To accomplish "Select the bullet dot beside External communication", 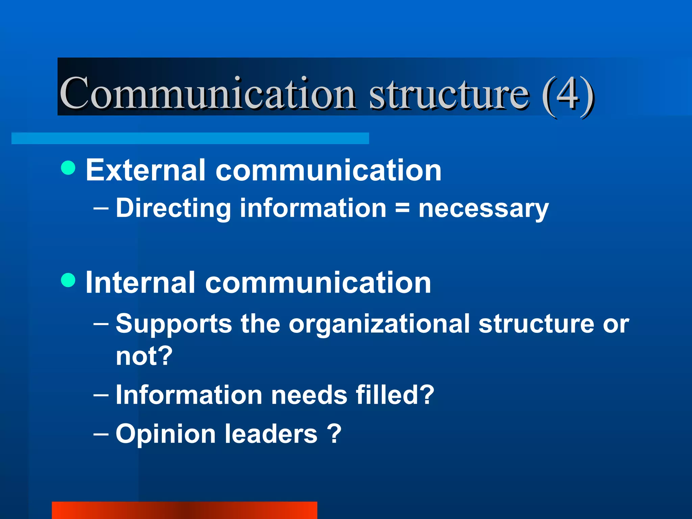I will click(69, 168).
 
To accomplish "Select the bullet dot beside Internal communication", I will click(69, 280).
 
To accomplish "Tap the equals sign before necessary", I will click(402, 207).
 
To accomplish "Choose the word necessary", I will click(483, 209).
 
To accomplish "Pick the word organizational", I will click(379, 324).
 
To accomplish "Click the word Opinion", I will click(166, 435).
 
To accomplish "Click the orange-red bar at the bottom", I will click(184, 510).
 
